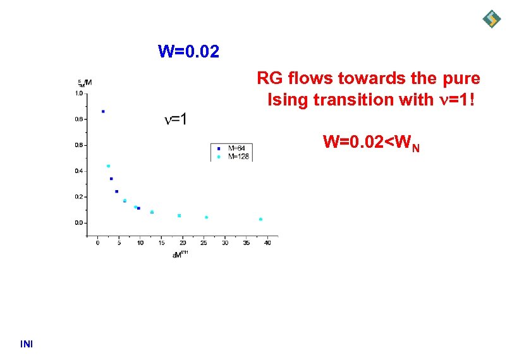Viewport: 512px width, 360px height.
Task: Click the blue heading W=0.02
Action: tap(188, 51)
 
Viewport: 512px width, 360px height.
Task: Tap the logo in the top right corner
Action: tap(492, 19)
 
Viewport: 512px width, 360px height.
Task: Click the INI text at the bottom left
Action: tap(27, 344)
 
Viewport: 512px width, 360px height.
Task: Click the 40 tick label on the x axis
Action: tap(267, 243)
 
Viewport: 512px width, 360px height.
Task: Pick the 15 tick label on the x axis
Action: tap(161, 243)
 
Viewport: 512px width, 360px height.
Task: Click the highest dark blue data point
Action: tap(103, 111)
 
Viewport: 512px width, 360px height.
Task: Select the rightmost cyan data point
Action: tap(260, 219)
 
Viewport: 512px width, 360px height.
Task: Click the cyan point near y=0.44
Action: tap(108, 166)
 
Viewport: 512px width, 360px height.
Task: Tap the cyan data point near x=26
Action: tap(206, 217)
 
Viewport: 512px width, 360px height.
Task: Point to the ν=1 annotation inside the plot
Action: tap(175, 119)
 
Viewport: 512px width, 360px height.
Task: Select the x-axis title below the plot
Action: tap(180, 254)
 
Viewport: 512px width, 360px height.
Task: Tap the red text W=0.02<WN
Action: tap(371, 143)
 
